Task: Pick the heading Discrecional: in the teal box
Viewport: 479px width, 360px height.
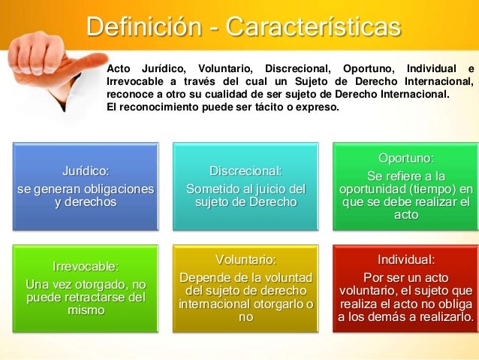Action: [x=246, y=172]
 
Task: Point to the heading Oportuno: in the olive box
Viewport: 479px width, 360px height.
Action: [x=405, y=159]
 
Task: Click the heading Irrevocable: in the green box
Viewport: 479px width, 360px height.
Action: [x=86, y=266]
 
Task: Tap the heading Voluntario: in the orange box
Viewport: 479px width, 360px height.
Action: [x=246, y=260]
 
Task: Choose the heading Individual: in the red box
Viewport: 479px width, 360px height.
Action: [x=405, y=260]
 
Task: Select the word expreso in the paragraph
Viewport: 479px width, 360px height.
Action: [x=318, y=107]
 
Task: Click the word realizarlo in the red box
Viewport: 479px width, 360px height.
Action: [x=444, y=317]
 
